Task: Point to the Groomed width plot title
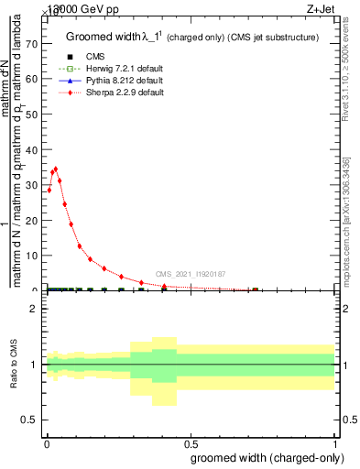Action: (191, 38)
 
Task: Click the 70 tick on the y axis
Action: (34, 43)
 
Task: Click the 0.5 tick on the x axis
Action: (190, 442)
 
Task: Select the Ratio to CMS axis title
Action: (14, 365)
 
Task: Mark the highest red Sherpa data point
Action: (56, 169)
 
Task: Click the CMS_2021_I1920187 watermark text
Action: (191, 274)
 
